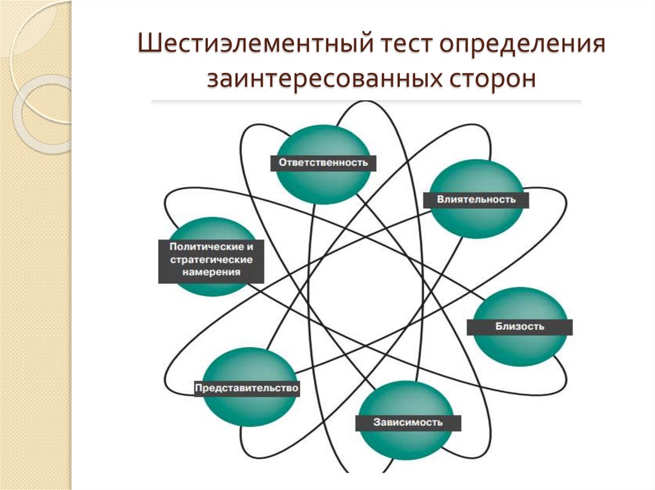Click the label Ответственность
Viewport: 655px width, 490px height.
pos(323,162)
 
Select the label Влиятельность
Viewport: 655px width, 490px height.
pos(476,199)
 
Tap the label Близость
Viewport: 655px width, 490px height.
pos(519,326)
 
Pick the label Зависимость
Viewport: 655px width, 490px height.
pos(408,422)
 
